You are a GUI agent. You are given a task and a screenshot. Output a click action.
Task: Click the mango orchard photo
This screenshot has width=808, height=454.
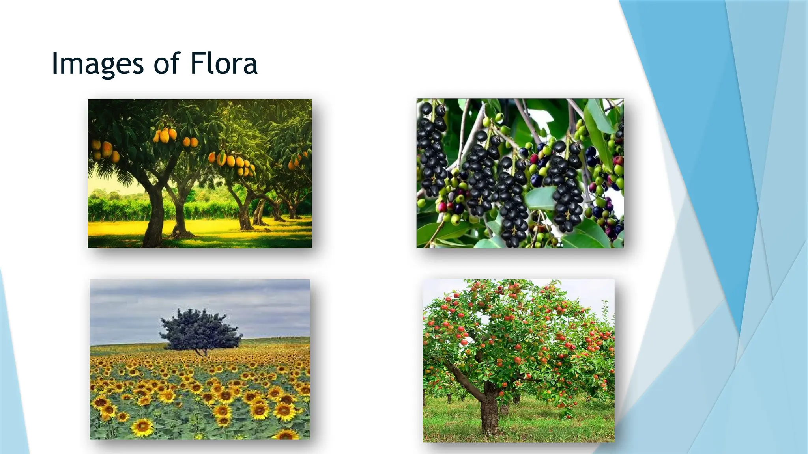coord(200,173)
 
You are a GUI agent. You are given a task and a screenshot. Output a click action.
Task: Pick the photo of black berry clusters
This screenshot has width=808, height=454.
coord(520,173)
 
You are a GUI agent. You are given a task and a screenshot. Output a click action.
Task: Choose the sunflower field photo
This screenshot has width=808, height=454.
coord(200,359)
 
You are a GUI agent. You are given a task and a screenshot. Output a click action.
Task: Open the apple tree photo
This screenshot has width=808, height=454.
coord(518,361)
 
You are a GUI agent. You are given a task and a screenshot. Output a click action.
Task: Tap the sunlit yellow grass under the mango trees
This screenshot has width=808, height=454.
coord(213,229)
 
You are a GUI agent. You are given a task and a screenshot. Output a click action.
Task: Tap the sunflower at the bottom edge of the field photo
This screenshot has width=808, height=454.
coord(286,435)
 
